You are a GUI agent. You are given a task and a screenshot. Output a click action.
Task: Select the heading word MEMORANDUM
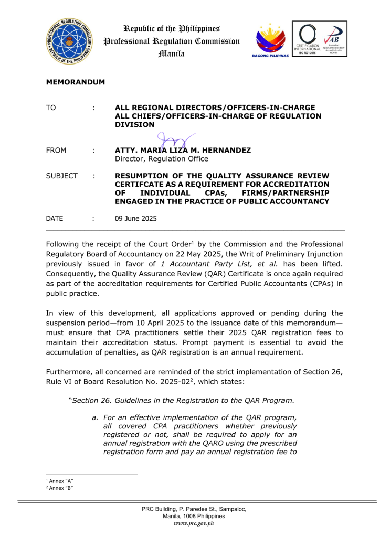(76, 82)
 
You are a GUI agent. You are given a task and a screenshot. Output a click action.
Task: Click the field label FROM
(56, 151)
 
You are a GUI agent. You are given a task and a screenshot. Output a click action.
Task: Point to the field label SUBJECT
(62, 176)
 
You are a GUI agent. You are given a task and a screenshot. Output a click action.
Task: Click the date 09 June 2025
(135, 219)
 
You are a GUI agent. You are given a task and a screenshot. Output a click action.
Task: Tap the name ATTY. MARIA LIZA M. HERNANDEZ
(183, 151)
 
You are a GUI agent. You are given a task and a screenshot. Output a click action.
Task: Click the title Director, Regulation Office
(161, 159)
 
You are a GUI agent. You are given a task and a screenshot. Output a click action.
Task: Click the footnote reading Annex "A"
(61, 481)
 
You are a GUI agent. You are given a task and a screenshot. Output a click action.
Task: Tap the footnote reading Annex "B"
(61, 488)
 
